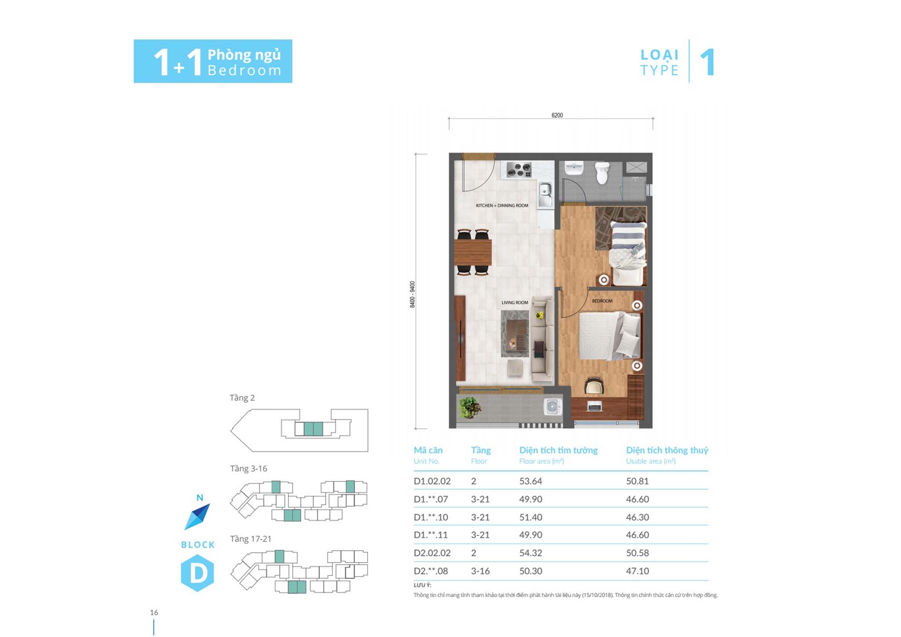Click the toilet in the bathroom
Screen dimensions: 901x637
(x=602, y=173)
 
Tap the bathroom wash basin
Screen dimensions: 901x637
(x=574, y=168)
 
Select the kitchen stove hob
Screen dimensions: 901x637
(x=519, y=170)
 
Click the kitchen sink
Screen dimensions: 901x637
(x=545, y=193)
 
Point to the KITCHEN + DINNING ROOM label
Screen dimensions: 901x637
(x=502, y=205)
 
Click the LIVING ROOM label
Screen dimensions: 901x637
(x=514, y=302)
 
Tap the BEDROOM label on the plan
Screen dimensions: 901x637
(x=602, y=301)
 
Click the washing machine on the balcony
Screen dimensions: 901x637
(x=553, y=407)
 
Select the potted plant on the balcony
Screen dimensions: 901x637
(x=469, y=407)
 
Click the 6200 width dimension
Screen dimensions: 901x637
(x=557, y=115)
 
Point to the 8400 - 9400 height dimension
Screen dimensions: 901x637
(x=412, y=294)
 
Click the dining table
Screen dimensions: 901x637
(x=473, y=252)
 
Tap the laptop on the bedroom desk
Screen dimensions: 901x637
(x=594, y=407)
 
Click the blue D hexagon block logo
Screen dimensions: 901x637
(x=197, y=572)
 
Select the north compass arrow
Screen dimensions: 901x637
(x=197, y=517)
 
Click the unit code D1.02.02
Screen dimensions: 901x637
(x=432, y=481)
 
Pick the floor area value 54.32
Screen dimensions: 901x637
(x=530, y=553)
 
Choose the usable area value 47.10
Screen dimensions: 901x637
(x=637, y=571)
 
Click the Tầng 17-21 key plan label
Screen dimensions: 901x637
(x=251, y=539)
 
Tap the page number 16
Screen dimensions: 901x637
(x=154, y=612)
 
